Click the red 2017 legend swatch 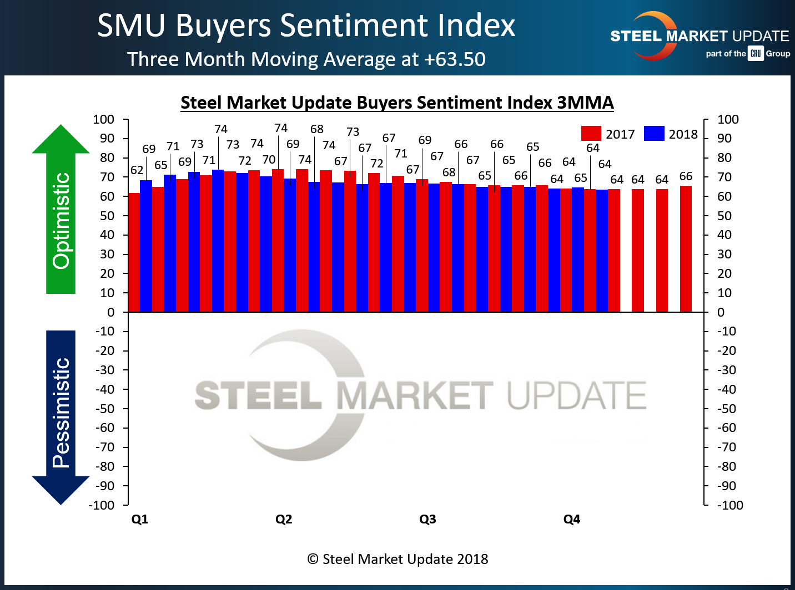[x=591, y=134]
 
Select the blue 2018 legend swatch [x=654, y=134]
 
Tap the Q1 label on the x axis [x=139, y=519]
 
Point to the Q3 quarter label [x=427, y=519]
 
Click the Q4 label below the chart [x=572, y=519]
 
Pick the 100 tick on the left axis [x=104, y=119]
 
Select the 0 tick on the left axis [x=110, y=312]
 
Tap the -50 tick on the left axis [x=105, y=409]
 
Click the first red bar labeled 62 [x=134, y=252]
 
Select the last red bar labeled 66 [x=686, y=249]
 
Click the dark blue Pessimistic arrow [x=61, y=416]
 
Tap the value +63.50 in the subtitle [x=455, y=59]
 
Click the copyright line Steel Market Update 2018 [x=398, y=559]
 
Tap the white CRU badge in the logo [x=756, y=54]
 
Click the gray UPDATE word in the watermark [x=577, y=395]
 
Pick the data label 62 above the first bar [x=137, y=170]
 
